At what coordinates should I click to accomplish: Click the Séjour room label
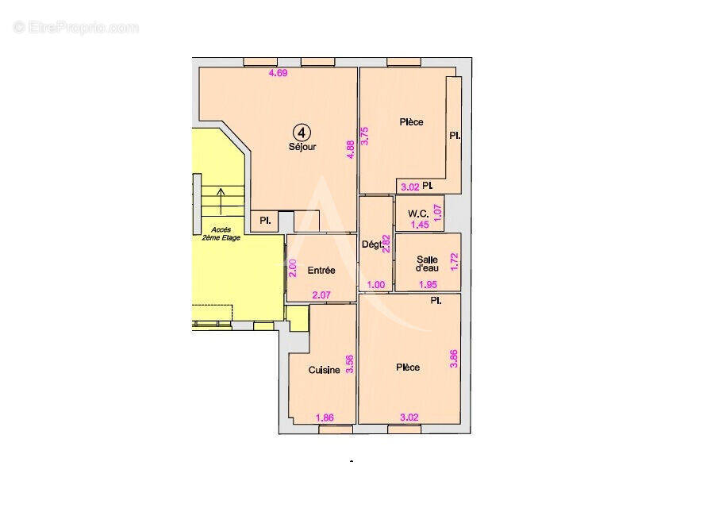pos(302,147)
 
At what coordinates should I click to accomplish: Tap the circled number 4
pos(302,132)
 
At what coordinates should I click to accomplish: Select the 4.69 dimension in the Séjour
pos(278,74)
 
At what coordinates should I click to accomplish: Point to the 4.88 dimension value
pos(349,150)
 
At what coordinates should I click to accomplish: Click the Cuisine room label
pos(324,370)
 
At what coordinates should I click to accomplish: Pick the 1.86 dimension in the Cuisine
pos(325,418)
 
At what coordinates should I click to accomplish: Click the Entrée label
pos(321,271)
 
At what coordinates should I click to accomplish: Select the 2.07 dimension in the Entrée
pos(321,295)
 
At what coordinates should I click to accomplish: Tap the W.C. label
pos(419,214)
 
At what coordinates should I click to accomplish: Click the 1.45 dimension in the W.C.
pos(420,225)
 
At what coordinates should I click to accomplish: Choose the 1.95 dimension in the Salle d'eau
pos(428,283)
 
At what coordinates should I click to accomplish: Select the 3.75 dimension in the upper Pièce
pos(365,135)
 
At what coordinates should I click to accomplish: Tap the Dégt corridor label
pos(371,244)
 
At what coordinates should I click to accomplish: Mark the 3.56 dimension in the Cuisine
pos(348,364)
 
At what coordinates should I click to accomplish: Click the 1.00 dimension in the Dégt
pos(375,283)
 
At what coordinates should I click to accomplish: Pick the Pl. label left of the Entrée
pos(265,221)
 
